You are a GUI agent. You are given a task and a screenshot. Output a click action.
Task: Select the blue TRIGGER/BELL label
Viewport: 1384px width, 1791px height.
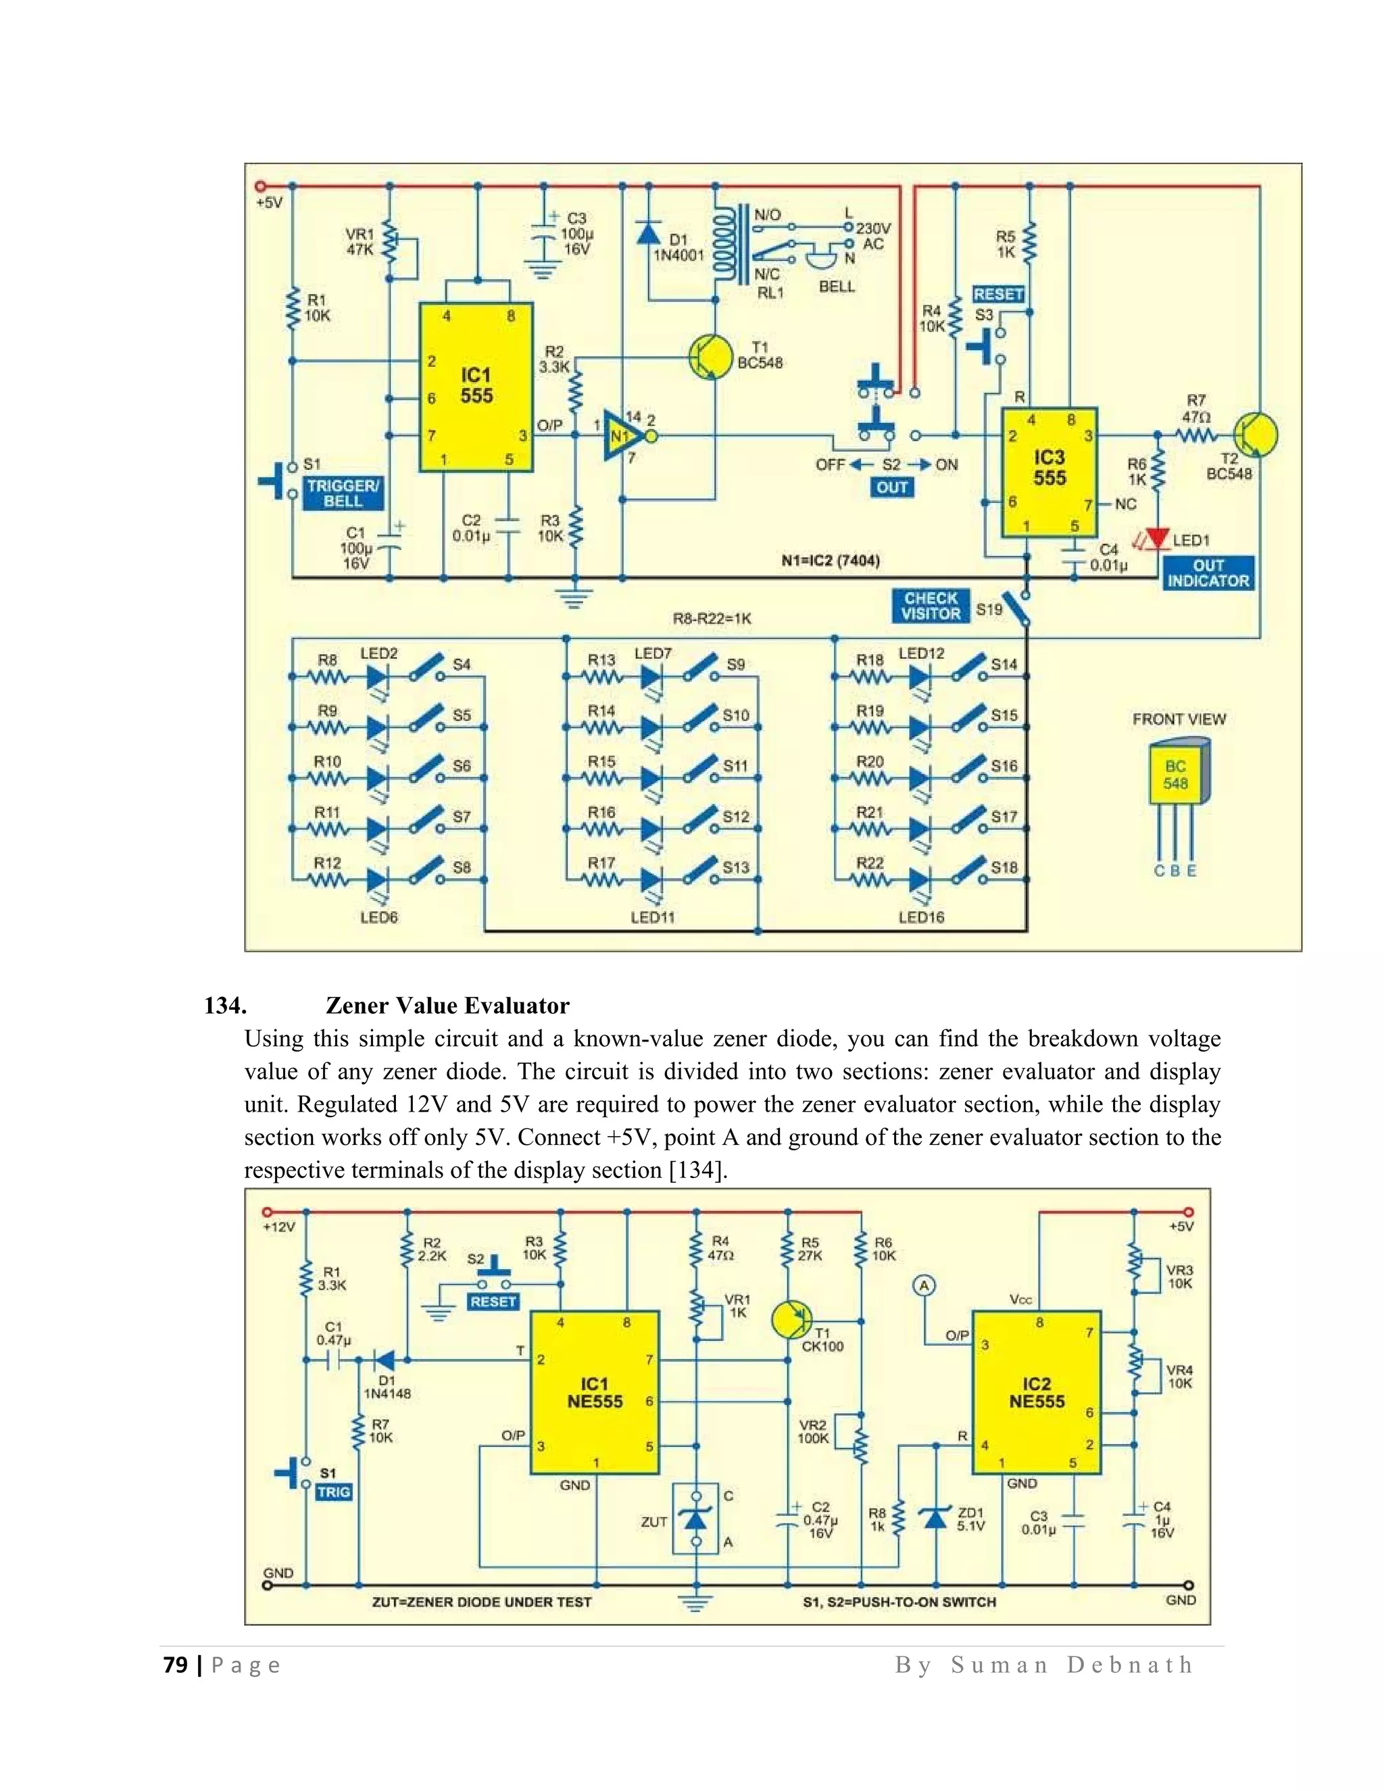click(343, 493)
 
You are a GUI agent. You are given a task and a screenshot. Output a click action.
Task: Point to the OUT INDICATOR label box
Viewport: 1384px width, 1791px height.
click(1208, 573)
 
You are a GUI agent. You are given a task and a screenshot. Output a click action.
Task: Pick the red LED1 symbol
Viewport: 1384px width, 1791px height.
click(1157, 539)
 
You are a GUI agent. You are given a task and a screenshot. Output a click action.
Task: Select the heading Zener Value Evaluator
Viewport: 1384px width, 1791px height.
click(447, 1006)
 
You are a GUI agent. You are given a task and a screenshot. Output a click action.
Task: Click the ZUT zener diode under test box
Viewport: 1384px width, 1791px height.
click(696, 1519)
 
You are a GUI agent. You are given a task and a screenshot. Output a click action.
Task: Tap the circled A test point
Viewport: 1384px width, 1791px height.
click(924, 1285)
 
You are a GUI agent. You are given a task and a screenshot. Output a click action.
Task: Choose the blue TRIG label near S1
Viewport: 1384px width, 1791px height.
click(334, 1492)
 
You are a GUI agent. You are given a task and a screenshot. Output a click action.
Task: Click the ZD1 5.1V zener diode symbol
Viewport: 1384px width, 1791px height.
click(935, 1518)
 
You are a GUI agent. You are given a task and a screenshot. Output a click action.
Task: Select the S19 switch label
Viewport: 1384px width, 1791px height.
click(989, 610)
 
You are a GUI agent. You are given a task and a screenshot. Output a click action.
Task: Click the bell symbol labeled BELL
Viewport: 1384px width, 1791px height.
click(819, 260)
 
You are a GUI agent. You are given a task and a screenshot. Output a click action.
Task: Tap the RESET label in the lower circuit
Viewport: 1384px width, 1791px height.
click(493, 1302)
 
